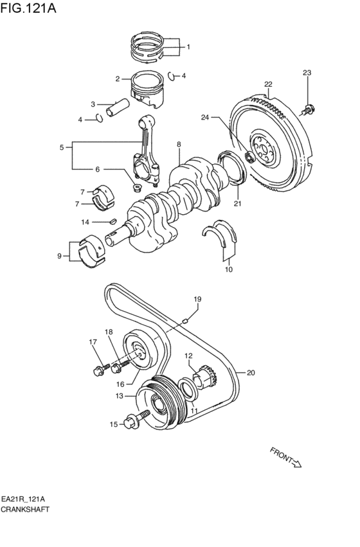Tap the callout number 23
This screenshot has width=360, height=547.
click(x=307, y=72)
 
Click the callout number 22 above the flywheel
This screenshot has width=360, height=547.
click(x=268, y=84)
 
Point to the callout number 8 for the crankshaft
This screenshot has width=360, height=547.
click(x=179, y=145)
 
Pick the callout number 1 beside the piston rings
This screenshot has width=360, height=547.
click(x=188, y=47)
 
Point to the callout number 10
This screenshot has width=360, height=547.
click(x=228, y=270)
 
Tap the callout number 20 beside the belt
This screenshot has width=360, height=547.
click(x=251, y=372)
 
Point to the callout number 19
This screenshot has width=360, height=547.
click(x=198, y=300)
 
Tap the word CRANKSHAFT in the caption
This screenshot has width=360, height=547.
click(x=25, y=508)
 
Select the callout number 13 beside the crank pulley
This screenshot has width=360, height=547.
click(x=118, y=397)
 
